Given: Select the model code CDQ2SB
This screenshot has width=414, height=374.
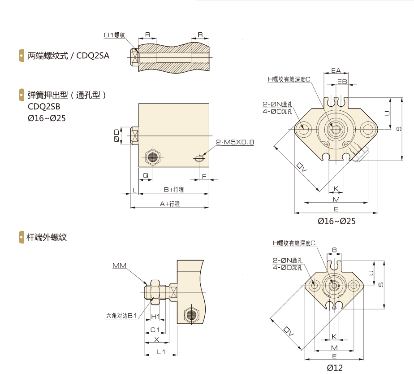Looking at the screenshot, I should click(43, 107).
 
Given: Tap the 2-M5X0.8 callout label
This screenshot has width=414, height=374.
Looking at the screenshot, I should click(235, 143).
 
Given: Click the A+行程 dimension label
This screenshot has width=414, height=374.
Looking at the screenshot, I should click(170, 204).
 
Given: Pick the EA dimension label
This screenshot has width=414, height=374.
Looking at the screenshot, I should click(336, 70).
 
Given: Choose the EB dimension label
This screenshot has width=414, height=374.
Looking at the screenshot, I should click(342, 81).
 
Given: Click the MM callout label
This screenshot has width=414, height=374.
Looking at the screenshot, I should click(119, 266).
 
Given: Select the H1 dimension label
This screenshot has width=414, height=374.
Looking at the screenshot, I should click(155, 317).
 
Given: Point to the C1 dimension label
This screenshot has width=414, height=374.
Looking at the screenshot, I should click(155, 330).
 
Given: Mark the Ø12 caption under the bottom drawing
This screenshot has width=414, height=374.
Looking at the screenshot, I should click(334, 368).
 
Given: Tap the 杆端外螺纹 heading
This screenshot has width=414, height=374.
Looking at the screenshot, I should click(47, 237).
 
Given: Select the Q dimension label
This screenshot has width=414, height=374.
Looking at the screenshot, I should click(145, 176).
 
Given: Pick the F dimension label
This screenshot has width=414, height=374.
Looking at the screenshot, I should click(204, 176).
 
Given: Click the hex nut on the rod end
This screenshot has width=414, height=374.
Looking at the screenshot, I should click(154, 290).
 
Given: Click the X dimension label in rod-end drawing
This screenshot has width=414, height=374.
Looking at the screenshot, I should click(156, 339).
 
